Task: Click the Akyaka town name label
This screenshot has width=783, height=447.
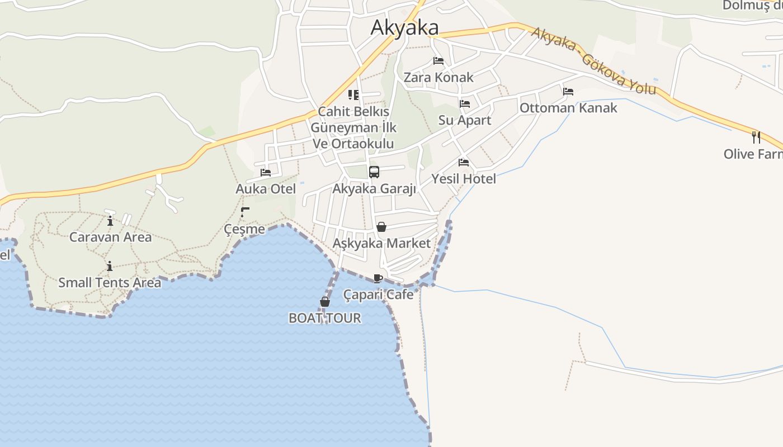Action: click(x=404, y=27)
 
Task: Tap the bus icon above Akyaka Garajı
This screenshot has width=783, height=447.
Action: click(x=374, y=172)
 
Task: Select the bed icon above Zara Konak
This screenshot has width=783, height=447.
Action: click(x=438, y=61)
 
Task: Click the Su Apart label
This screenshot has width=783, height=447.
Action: click(x=464, y=120)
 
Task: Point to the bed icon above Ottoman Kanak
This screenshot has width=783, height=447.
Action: click(x=568, y=91)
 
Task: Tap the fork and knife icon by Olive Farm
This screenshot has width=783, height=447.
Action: click(x=756, y=137)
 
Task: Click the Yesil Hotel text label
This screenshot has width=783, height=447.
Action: click(x=463, y=179)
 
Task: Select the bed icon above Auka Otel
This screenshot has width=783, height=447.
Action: click(x=266, y=173)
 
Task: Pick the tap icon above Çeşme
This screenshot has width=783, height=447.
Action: click(x=244, y=212)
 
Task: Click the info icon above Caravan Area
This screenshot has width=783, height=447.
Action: click(x=110, y=220)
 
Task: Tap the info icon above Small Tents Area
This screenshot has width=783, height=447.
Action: click(x=110, y=266)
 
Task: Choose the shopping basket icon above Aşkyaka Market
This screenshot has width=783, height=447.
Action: click(x=381, y=227)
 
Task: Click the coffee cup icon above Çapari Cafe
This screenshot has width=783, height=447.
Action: click(x=378, y=278)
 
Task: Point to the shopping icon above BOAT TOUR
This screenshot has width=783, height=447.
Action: click(x=324, y=302)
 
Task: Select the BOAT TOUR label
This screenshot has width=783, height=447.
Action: click(x=324, y=318)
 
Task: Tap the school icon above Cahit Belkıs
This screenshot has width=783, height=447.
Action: click(x=353, y=95)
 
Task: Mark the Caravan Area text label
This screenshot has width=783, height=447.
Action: click(x=110, y=237)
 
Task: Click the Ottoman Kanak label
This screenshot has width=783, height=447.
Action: click(x=568, y=108)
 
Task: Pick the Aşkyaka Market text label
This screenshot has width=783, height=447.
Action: click(x=381, y=244)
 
